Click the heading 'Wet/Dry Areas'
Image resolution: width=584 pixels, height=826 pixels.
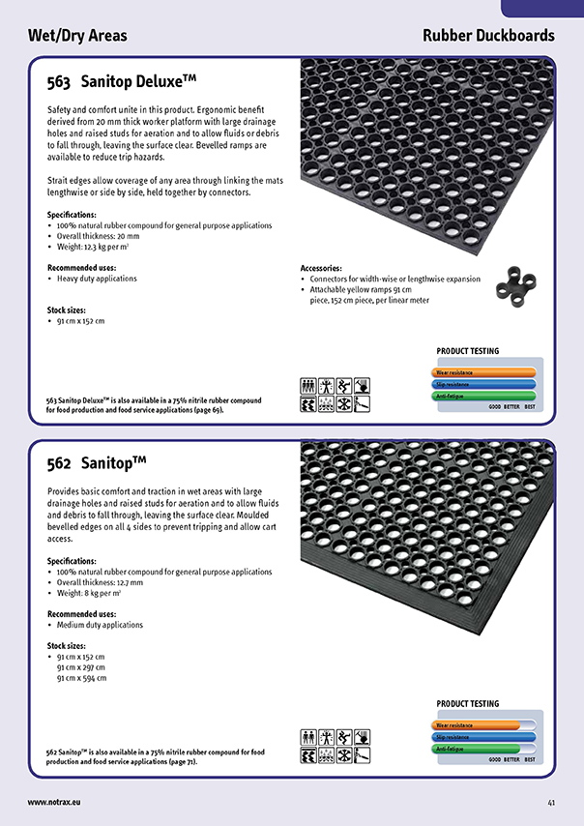coord(77,36)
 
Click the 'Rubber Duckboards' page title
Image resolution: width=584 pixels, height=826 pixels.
coord(488,36)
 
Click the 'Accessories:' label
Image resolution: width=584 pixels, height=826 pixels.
coord(321,268)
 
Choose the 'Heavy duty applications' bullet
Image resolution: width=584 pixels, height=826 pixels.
coord(97,279)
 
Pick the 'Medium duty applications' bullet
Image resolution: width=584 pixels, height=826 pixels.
coord(100,625)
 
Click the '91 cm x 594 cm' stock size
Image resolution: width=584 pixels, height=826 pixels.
coord(81,678)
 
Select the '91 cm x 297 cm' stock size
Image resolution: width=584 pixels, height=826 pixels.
coord(81,667)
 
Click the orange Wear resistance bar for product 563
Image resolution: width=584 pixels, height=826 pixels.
coord(483,371)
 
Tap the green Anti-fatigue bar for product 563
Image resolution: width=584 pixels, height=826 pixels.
coord(483,396)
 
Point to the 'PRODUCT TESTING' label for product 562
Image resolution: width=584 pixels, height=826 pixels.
coord(468,704)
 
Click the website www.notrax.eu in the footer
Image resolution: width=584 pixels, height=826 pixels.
coord(53,802)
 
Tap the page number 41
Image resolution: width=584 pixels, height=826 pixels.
coord(550,802)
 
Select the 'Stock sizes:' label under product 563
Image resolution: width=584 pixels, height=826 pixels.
coord(68,310)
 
